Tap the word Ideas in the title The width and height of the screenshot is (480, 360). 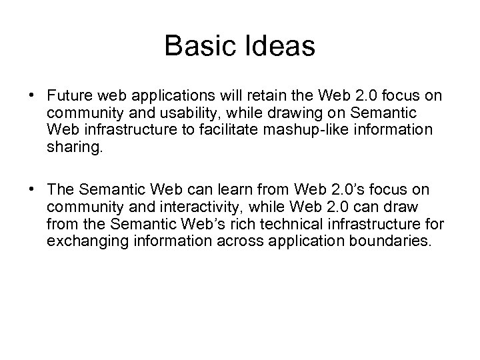(279, 46)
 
